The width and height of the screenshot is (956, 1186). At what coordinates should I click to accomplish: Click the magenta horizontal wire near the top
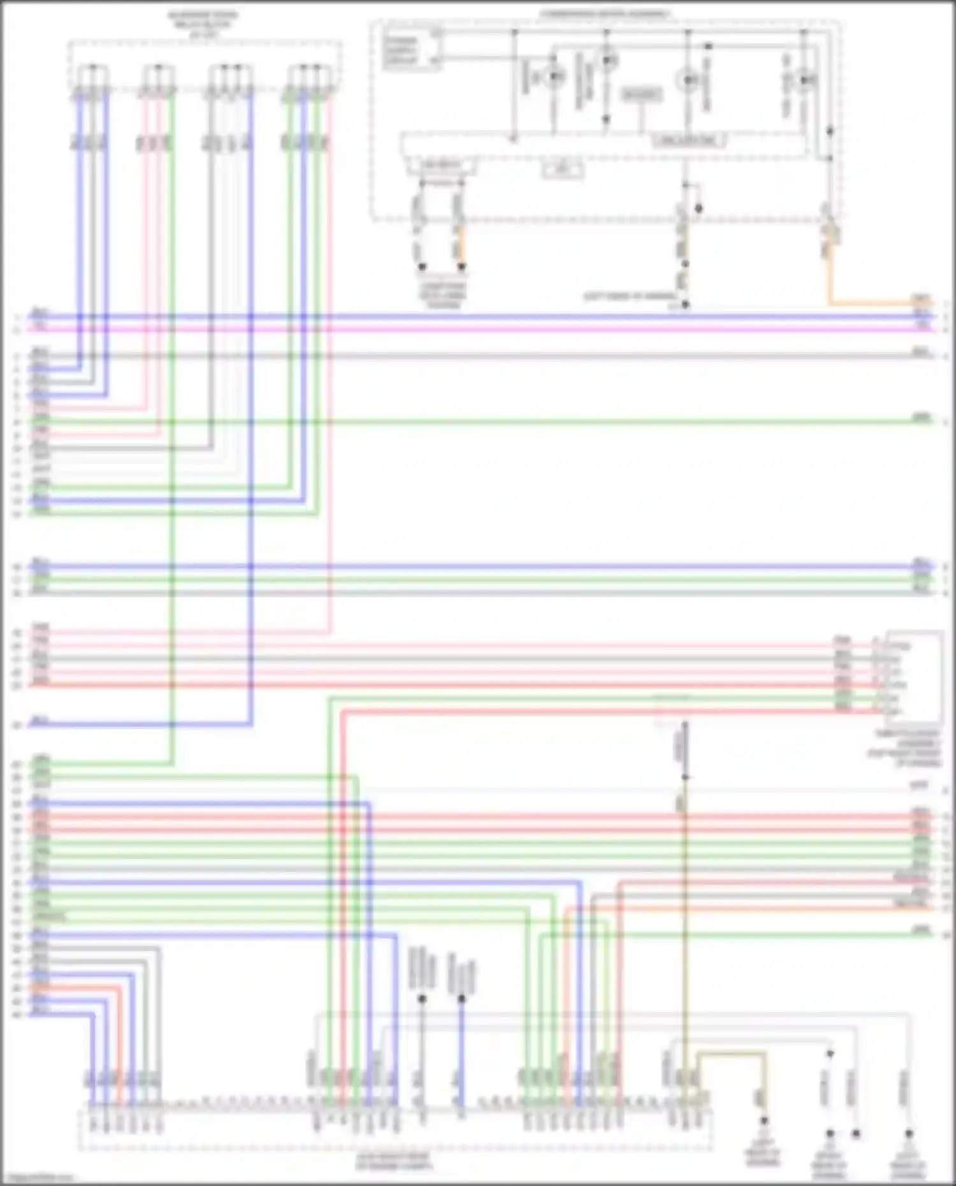click(510, 329)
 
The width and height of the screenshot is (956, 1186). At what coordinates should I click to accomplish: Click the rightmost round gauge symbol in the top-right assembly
click(806, 80)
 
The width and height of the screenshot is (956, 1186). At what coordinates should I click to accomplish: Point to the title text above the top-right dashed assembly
click(605, 13)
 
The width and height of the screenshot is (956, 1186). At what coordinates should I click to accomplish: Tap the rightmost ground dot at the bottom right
click(909, 1134)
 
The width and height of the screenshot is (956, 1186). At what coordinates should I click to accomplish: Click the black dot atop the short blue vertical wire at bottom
click(461, 999)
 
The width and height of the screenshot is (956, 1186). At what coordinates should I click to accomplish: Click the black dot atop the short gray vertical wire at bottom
click(421, 999)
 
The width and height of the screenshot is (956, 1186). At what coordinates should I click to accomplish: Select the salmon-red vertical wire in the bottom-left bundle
click(119, 1045)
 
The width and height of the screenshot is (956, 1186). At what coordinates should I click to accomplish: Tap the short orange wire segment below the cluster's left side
click(461, 245)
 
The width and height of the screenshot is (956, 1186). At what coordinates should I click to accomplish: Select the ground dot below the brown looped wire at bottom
click(764, 1121)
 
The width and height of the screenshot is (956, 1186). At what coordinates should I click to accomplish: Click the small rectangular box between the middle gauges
click(641, 96)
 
